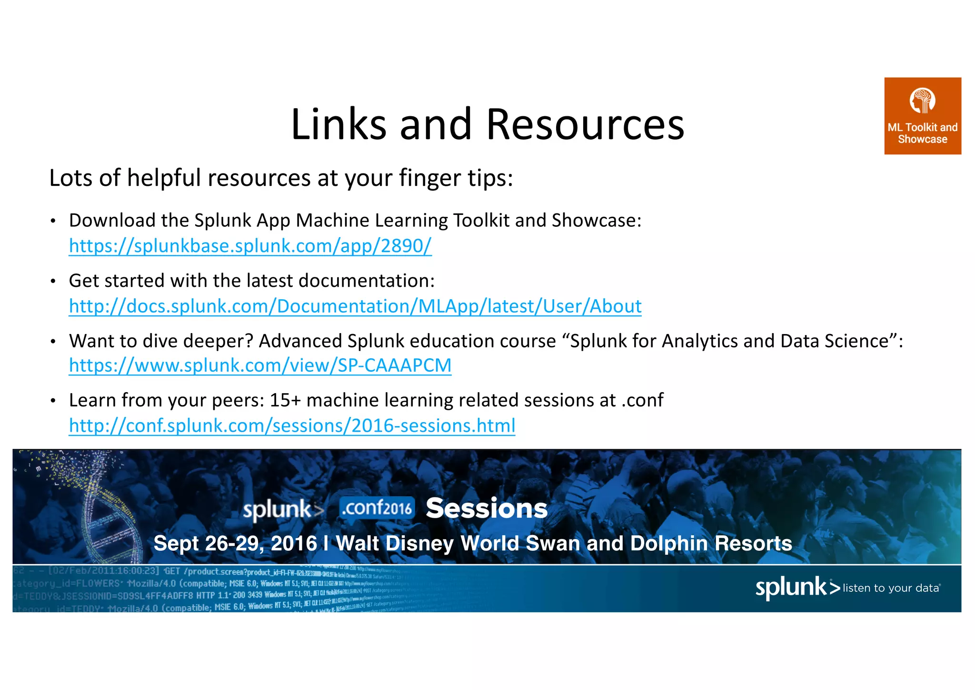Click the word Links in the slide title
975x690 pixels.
tap(338, 125)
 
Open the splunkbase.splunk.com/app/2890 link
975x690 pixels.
tap(250, 246)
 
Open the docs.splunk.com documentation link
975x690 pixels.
tap(355, 306)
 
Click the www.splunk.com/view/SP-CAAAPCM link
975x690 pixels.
tap(260, 365)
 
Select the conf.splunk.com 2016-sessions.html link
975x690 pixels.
tap(292, 426)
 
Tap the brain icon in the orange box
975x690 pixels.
tap(922, 101)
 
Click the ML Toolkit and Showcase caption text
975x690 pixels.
tap(922, 133)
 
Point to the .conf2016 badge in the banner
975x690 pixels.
tap(377, 508)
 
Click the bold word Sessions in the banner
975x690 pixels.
tap(487, 508)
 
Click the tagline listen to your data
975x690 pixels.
tap(891, 588)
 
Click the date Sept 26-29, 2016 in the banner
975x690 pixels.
tap(235, 543)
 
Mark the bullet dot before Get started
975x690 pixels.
tap(53, 282)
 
